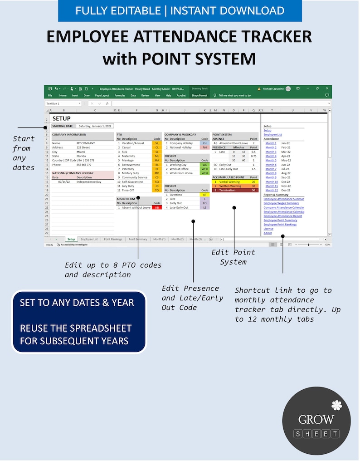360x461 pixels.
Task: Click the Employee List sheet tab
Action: tap(89, 239)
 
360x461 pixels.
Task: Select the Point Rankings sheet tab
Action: tap(113, 239)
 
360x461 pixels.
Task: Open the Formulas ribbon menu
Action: tap(120, 96)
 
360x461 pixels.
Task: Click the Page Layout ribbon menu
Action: tap(102, 96)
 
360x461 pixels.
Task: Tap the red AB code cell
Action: tap(156, 207)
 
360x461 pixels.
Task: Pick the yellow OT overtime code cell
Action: tap(204, 195)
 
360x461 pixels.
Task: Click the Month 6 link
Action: tap(271, 165)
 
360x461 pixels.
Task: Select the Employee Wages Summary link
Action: tap(281, 203)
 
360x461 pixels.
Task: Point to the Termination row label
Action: tap(227, 190)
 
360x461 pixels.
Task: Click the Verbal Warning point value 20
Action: tap(253, 182)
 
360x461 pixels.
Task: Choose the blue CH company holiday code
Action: tap(204, 143)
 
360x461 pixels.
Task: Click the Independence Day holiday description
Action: tap(88, 181)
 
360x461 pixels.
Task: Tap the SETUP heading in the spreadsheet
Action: tap(62, 118)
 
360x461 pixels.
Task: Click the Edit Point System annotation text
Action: tap(233, 257)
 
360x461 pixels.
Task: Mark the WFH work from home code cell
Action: tap(204, 173)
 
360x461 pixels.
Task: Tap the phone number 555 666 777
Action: tap(84, 165)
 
